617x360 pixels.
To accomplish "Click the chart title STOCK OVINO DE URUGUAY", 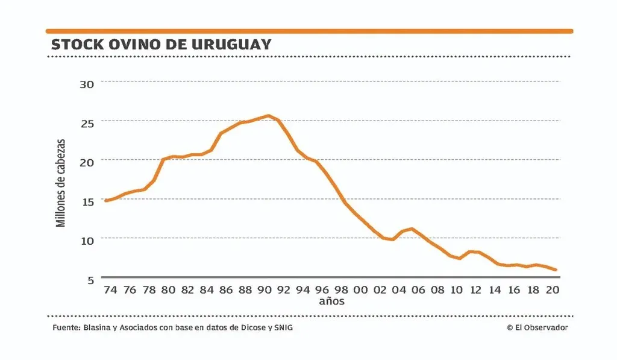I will coord(161,45).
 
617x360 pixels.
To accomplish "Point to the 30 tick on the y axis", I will coord(87,83).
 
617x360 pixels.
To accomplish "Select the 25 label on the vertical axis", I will coord(87,124).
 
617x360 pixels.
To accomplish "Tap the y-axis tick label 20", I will coord(87,163).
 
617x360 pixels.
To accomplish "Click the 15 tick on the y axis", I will coord(87,202).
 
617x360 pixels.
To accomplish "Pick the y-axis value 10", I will coord(87,241).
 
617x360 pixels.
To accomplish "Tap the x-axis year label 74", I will coord(110,290).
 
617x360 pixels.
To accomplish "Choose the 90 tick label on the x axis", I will coord(264,290).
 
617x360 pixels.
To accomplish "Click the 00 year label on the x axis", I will coord(360,290).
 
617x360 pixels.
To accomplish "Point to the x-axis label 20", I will coord(553,290).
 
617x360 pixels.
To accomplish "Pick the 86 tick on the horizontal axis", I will coord(226,290).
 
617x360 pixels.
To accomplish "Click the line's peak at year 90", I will coord(268,115).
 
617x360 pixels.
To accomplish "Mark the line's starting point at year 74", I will coord(106,200).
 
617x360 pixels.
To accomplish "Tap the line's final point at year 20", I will coord(556,270).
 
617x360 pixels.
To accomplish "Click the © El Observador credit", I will coord(537,327).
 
